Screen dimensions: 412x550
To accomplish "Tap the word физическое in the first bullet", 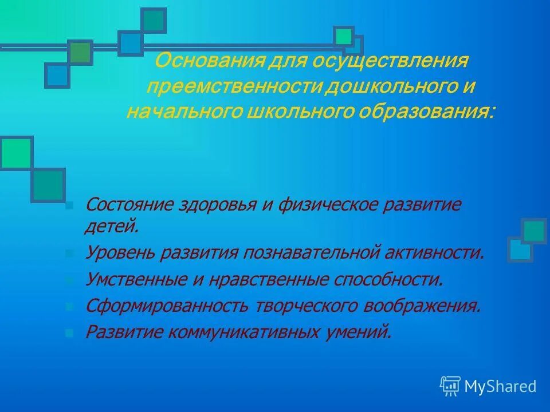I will coord(325,205).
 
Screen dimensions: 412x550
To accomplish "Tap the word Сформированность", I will coord(167,306).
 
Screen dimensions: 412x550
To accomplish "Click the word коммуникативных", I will coord(238,332).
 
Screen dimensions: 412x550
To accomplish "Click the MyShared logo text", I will coord(500,387).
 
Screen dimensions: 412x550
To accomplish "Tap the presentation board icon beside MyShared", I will coord(450,386).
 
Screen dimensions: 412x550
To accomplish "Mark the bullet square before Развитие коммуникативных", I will coord(69,332).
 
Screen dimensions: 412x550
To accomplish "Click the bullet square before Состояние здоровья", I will coord(69,205).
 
